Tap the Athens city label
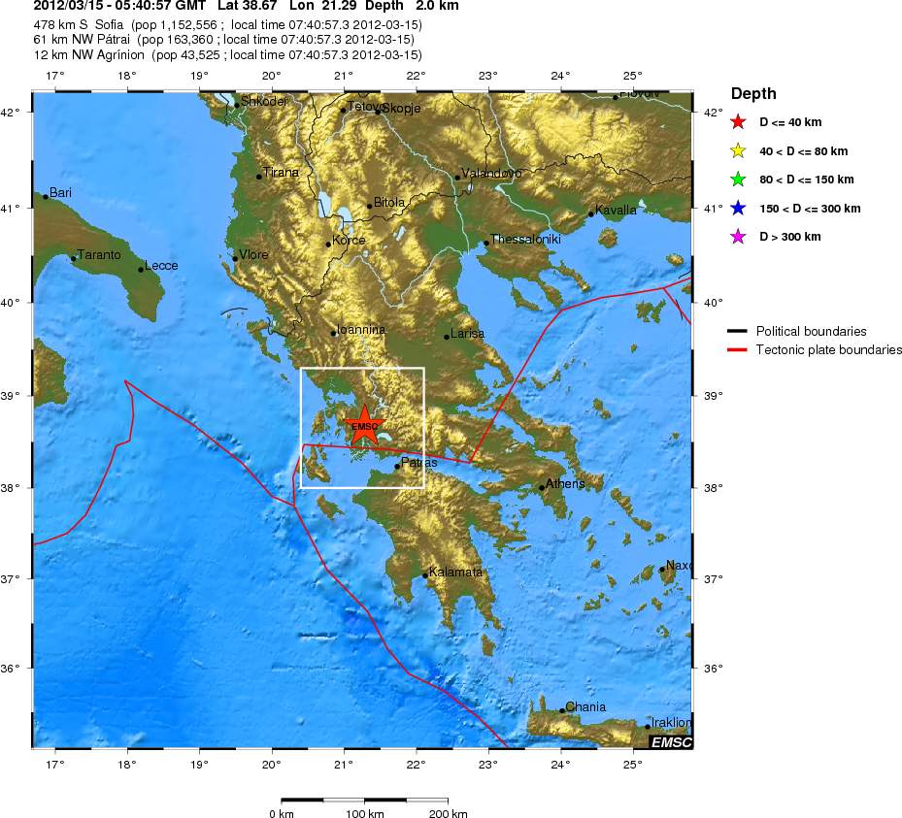(565, 483)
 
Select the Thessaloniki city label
(525, 240)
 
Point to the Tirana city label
(282, 173)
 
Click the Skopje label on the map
(401, 109)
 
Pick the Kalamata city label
(455, 572)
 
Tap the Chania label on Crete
(585, 706)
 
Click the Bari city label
(60, 193)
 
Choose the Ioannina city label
(360, 330)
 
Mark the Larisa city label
(468, 334)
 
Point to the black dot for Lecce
(141, 269)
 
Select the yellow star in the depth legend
(738, 150)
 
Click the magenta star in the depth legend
(738, 237)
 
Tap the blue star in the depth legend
(738, 209)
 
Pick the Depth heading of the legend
(753, 94)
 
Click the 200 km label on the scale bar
(448, 813)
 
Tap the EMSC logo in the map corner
(671, 742)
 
